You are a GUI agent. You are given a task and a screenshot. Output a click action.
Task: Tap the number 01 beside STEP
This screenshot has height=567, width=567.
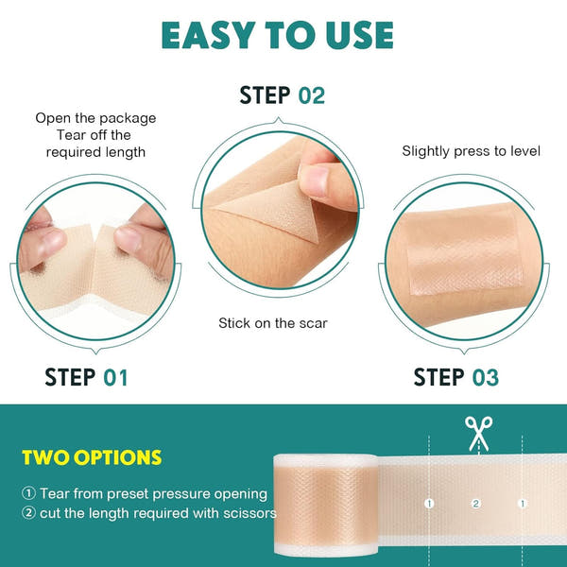[114, 378]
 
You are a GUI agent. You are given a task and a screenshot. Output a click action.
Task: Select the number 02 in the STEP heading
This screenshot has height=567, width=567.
[312, 95]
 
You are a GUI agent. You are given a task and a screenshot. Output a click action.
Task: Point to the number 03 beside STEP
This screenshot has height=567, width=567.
[485, 378]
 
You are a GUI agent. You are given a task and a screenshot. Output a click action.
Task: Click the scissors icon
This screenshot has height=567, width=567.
[477, 434]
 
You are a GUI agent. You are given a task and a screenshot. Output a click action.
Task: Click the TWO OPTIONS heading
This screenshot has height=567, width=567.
[92, 458]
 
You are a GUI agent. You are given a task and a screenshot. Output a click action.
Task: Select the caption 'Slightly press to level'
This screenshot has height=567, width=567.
[472, 150]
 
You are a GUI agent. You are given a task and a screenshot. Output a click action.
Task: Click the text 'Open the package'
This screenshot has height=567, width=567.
[95, 118]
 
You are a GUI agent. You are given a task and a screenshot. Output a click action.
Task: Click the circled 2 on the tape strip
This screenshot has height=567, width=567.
[475, 504]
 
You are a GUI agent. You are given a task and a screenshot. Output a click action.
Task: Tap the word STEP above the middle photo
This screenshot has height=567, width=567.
[266, 95]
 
